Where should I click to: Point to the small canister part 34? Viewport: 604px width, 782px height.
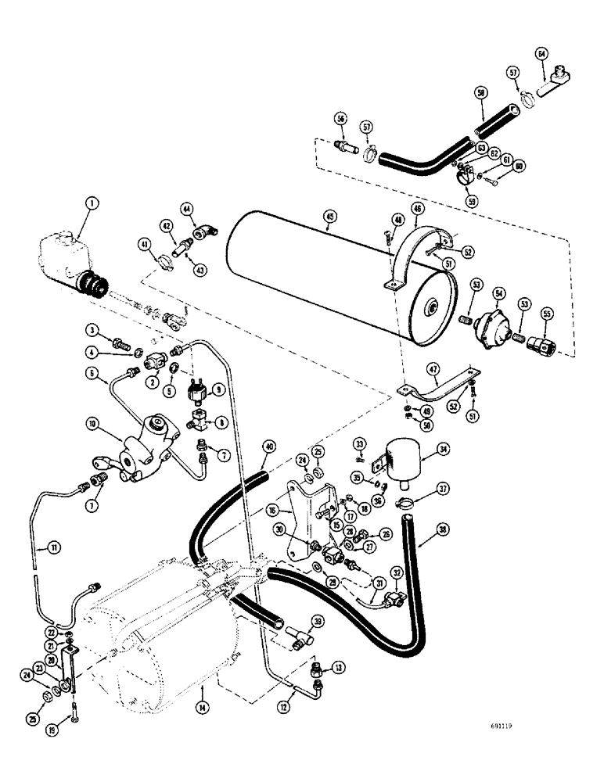411,454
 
